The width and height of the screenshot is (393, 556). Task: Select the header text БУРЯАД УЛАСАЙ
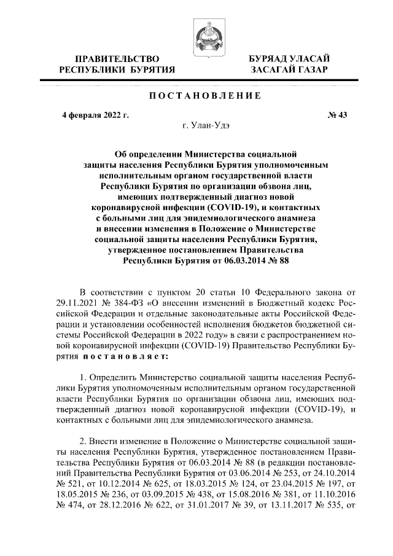tap(288, 58)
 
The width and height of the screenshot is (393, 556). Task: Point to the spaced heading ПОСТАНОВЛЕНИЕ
tap(196, 95)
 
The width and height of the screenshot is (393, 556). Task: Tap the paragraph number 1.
tap(84, 376)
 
